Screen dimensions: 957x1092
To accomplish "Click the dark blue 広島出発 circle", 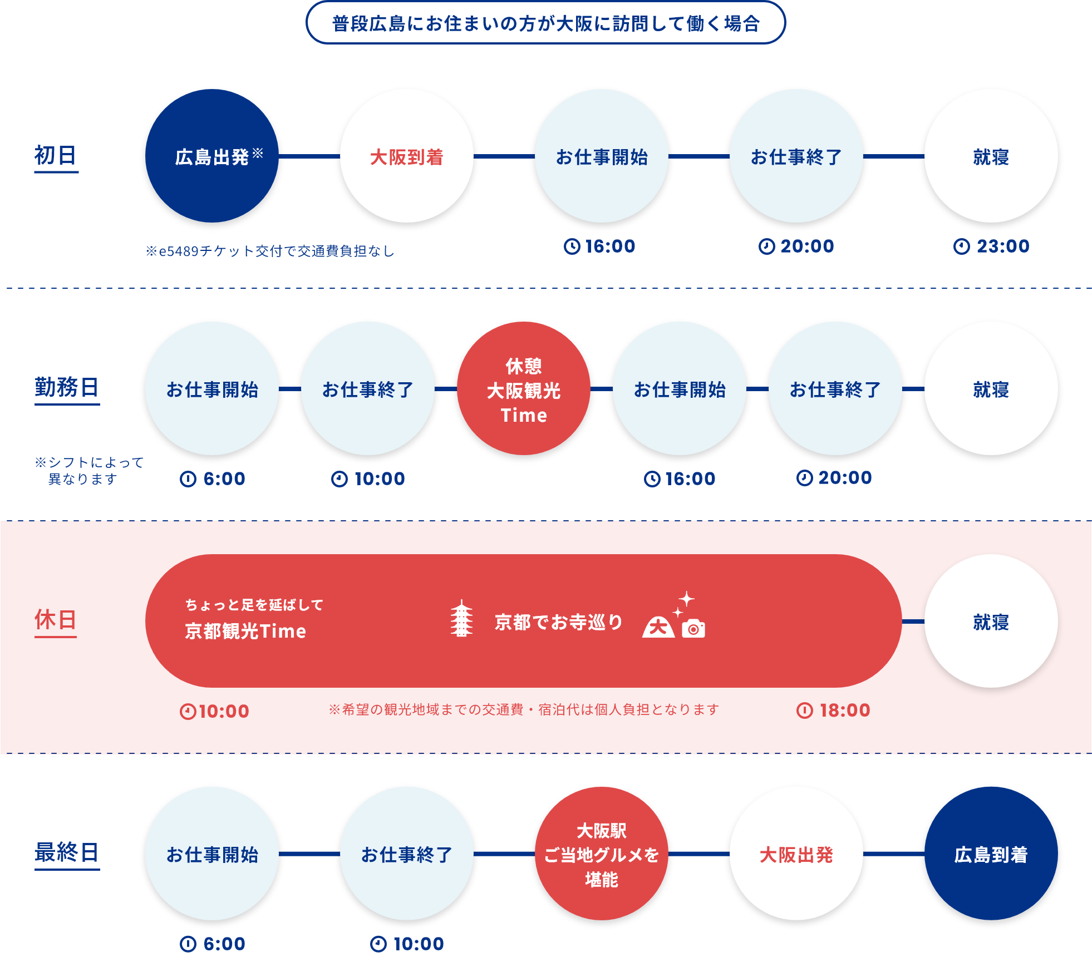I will click(x=211, y=156).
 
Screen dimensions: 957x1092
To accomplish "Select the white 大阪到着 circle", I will click(x=406, y=156).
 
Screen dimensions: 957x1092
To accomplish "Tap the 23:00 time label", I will click(x=991, y=246).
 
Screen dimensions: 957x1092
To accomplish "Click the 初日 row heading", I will click(x=56, y=155).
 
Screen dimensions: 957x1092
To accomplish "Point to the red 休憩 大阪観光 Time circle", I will click(x=523, y=388).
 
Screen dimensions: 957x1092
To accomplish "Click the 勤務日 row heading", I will click(x=67, y=387).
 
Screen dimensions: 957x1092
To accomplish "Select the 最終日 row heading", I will click(x=67, y=852).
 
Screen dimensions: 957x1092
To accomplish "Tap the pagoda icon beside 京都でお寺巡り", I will click(x=461, y=618).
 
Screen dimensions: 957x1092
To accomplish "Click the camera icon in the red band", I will click(x=693, y=628).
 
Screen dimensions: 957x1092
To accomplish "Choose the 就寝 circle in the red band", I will click(x=991, y=621).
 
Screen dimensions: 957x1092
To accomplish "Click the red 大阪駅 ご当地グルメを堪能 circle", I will click(x=601, y=854).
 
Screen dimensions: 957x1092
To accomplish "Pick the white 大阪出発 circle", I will click(x=796, y=854).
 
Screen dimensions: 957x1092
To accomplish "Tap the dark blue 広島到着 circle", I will click(x=991, y=854).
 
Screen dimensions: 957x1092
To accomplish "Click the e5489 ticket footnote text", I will click(x=270, y=251).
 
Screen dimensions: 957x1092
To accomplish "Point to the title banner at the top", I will click(x=545, y=23).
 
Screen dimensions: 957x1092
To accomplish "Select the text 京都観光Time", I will click(x=245, y=632).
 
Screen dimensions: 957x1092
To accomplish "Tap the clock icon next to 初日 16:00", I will click(x=572, y=246).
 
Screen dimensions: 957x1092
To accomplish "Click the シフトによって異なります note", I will click(x=89, y=471).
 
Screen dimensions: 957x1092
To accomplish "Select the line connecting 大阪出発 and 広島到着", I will click(x=893, y=854).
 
